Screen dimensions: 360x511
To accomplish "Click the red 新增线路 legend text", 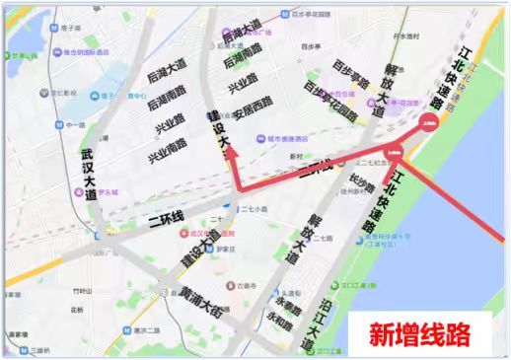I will coord(419,332).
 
